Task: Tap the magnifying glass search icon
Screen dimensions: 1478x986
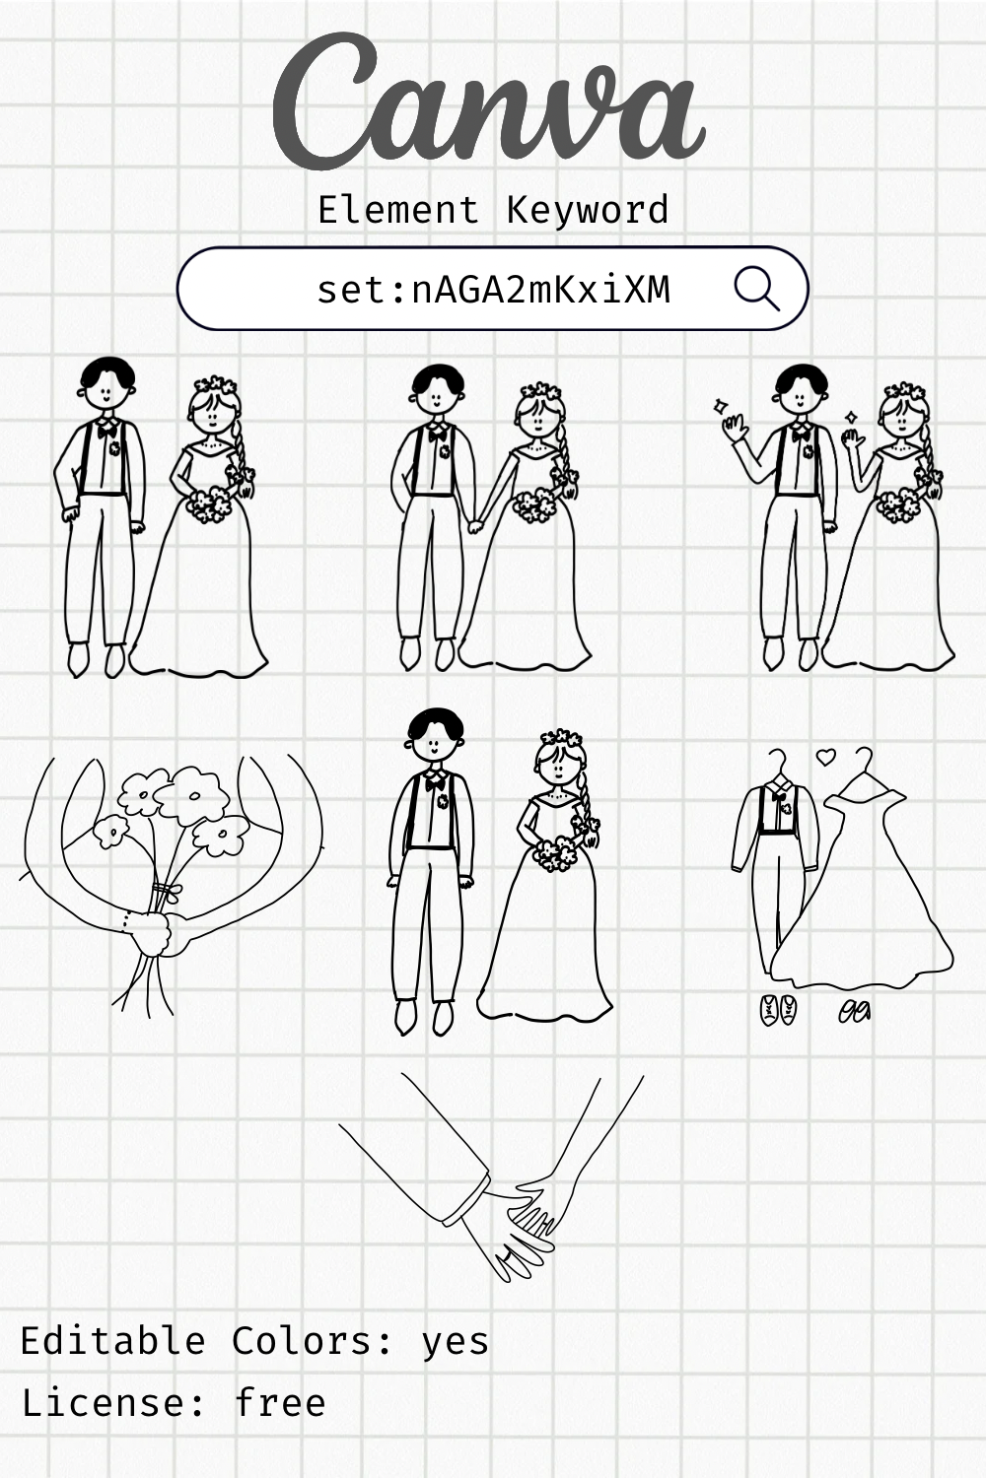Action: click(x=756, y=289)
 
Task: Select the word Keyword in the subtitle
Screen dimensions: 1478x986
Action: click(x=588, y=210)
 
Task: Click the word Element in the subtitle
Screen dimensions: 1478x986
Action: click(x=398, y=210)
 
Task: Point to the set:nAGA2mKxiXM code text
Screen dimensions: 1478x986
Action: click(x=493, y=290)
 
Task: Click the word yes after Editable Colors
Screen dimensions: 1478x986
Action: click(x=455, y=1342)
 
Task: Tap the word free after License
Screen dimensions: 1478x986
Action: click(x=280, y=1402)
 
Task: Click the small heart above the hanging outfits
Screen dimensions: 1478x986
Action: click(x=826, y=757)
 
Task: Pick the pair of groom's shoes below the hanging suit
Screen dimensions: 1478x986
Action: click(x=779, y=1010)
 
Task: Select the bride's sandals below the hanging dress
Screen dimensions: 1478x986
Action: click(x=855, y=1011)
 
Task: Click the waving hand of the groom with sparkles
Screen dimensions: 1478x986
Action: click(x=733, y=430)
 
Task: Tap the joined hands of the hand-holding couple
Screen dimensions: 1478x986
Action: click(x=475, y=524)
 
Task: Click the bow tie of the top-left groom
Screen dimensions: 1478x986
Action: click(x=106, y=429)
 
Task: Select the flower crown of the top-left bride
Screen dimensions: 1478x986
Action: click(x=215, y=385)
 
